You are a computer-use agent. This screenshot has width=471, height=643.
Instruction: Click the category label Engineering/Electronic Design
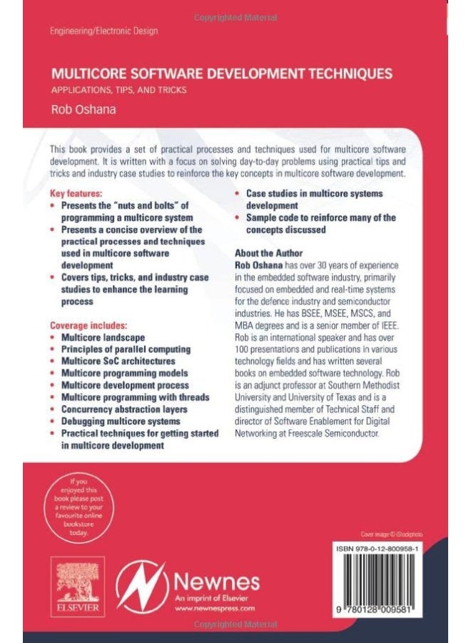point(104,31)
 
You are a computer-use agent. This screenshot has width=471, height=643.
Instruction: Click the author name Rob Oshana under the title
point(79,110)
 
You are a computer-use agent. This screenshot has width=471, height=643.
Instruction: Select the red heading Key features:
point(76,194)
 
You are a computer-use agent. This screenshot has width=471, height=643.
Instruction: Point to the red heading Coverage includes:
point(88,325)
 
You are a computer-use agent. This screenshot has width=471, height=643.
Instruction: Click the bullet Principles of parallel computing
point(126,349)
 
